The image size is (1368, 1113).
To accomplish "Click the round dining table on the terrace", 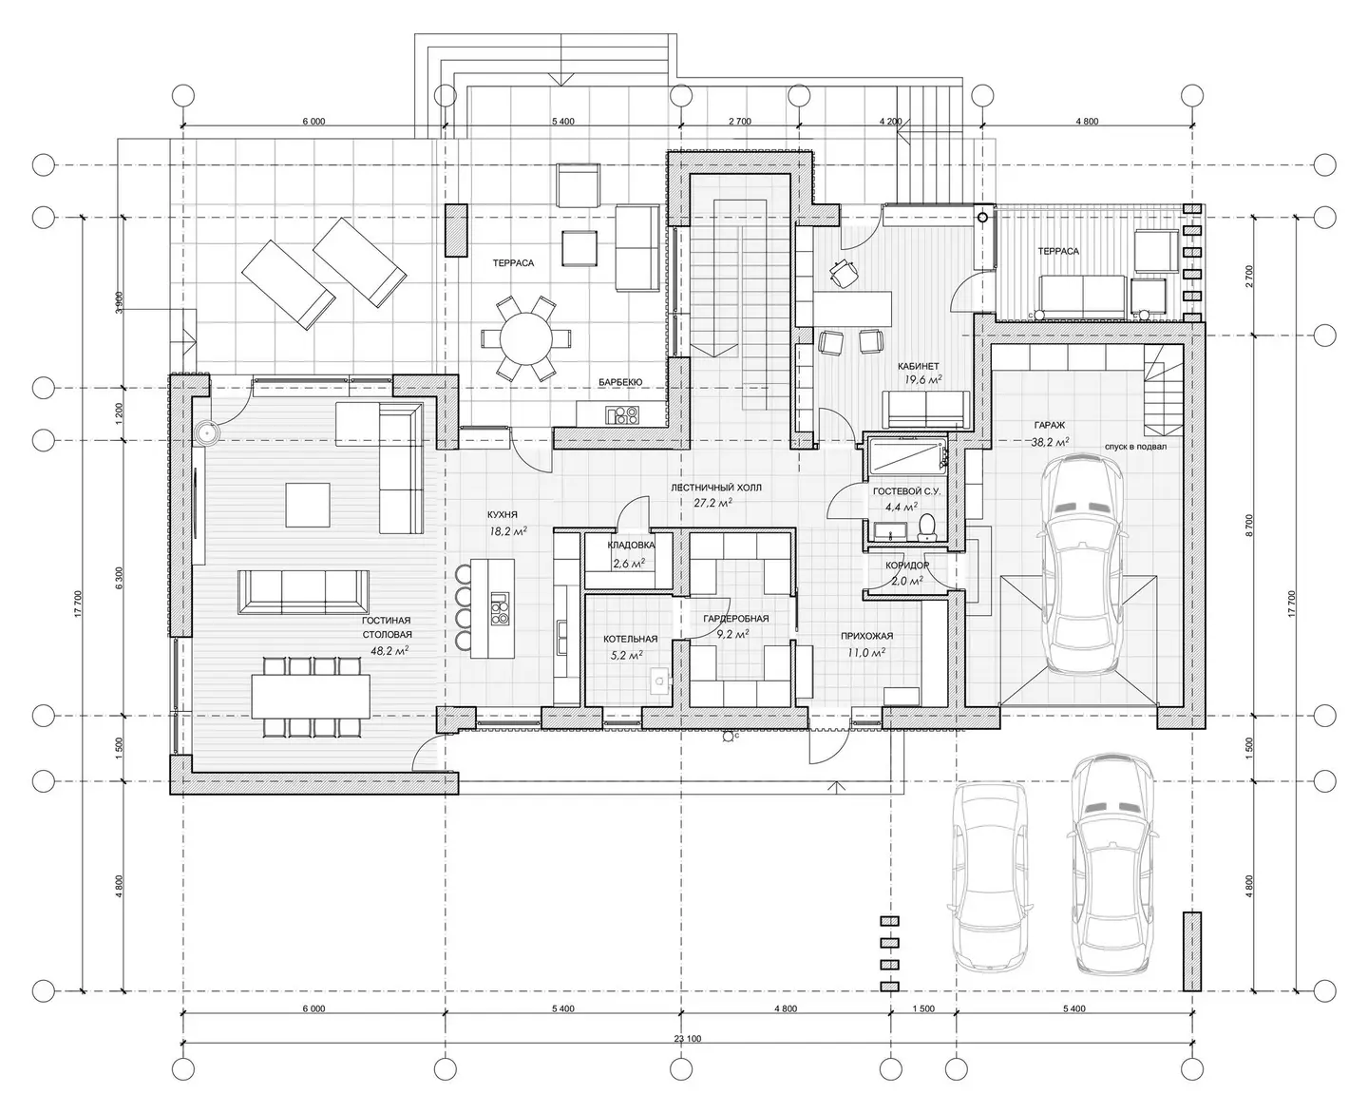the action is pyautogui.click(x=526, y=338).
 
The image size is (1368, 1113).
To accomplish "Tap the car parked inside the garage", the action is pyautogui.click(x=1082, y=566).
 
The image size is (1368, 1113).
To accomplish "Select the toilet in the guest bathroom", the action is pyautogui.click(x=927, y=527).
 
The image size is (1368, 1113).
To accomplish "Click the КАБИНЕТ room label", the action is pyautogui.click(x=919, y=366).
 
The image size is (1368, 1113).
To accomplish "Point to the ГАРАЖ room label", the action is pyautogui.click(x=1050, y=425).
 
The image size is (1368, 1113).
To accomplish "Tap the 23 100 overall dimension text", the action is pyautogui.click(x=688, y=1039).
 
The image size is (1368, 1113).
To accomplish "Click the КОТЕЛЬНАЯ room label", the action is pyautogui.click(x=630, y=639).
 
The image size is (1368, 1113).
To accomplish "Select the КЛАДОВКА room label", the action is pyautogui.click(x=632, y=545).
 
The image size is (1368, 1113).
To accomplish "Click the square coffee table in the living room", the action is pyautogui.click(x=309, y=505).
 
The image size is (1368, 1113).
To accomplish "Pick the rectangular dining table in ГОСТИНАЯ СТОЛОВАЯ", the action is pyautogui.click(x=311, y=696).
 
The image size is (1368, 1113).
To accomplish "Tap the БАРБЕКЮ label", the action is pyautogui.click(x=620, y=382).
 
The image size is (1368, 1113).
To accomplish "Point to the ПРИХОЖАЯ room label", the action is pyautogui.click(x=867, y=636).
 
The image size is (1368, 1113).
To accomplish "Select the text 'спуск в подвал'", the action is pyautogui.click(x=1135, y=446).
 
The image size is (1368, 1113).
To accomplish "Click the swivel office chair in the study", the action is pyautogui.click(x=843, y=272).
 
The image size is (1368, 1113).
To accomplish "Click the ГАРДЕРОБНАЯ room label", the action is pyautogui.click(x=736, y=618).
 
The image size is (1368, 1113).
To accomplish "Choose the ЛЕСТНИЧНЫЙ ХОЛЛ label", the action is pyautogui.click(x=716, y=488).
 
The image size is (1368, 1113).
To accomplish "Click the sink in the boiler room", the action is pyautogui.click(x=660, y=681).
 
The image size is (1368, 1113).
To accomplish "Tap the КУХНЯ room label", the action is pyautogui.click(x=503, y=515).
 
